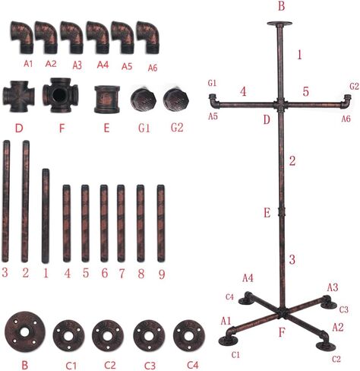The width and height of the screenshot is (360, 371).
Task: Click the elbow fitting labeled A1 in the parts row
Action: point(21,37)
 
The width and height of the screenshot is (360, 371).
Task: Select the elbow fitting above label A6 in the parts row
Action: point(148,37)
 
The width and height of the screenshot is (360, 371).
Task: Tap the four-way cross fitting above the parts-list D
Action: point(18,97)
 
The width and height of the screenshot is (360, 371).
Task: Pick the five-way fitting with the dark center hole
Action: point(61,95)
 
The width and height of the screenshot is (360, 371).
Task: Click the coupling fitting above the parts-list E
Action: point(107,99)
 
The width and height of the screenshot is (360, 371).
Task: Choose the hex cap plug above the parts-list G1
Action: point(144,99)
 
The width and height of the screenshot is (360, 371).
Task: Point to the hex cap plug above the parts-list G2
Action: point(176,99)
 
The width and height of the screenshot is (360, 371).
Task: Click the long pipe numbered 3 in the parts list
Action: point(6,201)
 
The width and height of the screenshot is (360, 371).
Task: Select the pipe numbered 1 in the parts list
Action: point(46,216)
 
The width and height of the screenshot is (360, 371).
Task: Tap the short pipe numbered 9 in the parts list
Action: point(161,224)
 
